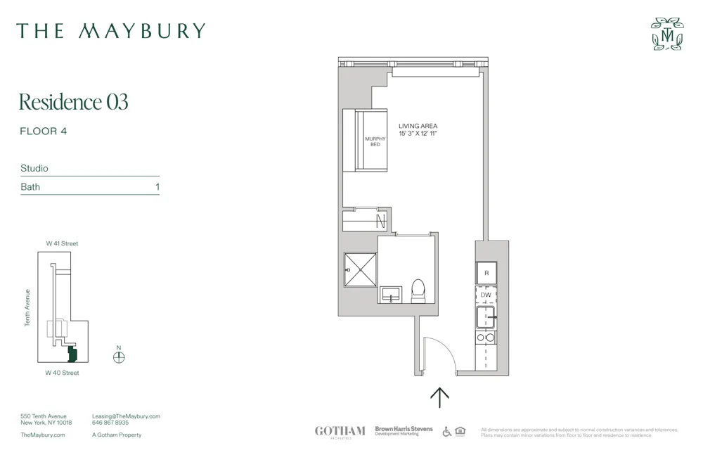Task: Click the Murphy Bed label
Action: point(375,141)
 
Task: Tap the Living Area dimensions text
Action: point(418,134)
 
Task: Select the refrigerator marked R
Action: point(486,273)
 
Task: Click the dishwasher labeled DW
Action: point(486,295)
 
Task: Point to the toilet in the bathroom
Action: point(418,290)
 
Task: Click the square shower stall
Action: point(361,270)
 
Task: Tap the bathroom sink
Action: point(390,294)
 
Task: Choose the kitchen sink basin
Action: point(486,318)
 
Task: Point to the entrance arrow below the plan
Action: point(439,397)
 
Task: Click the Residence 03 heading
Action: point(73,102)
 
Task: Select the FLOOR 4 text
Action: point(44,131)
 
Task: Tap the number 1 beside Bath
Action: point(157,187)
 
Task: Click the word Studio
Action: point(34,169)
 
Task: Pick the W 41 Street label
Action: point(63,243)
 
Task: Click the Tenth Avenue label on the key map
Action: point(28,307)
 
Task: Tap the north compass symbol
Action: point(119,357)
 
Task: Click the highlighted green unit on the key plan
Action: point(72,353)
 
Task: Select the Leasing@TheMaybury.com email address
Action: point(126,416)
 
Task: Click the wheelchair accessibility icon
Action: point(447,431)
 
